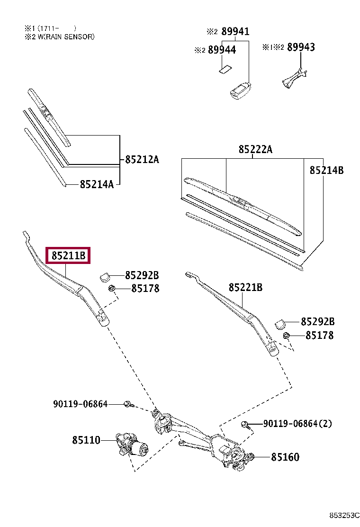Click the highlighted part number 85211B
(x=68, y=256)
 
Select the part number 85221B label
(x=245, y=287)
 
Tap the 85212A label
(x=142, y=160)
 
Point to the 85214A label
(x=97, y=184)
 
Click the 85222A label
(x=255, y=149)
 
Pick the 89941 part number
(x=235, y=32)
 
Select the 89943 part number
(x=301, y=47)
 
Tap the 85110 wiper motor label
(x=86, y=440)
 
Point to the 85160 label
(x=285, y=457)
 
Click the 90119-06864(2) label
(x=297, y=423)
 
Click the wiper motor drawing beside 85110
(x=131, y=444)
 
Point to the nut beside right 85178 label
(x=286, y=336)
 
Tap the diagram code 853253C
(x=345, y=515)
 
